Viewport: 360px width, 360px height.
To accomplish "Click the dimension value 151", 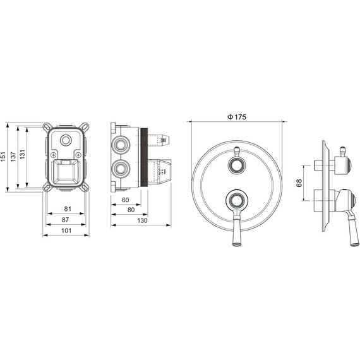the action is [x=3, y=157].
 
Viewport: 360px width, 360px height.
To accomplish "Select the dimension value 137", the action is [x=13, y=157].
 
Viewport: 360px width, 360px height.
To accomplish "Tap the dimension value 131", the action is [x=22, y=155].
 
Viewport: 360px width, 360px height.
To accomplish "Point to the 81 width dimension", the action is [x=68, y=208].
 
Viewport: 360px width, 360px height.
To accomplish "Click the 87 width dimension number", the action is [x=65, y=220].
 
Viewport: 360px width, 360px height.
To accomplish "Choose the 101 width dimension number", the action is [x=66, y=231].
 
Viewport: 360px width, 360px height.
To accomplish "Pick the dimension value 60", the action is [x=125, y=200].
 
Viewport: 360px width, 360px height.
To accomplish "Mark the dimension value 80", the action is [x=131, y=210].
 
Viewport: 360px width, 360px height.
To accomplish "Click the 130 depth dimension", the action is [x=142, y=220].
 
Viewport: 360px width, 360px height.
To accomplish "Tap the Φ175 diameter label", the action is [x=237, y=117].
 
